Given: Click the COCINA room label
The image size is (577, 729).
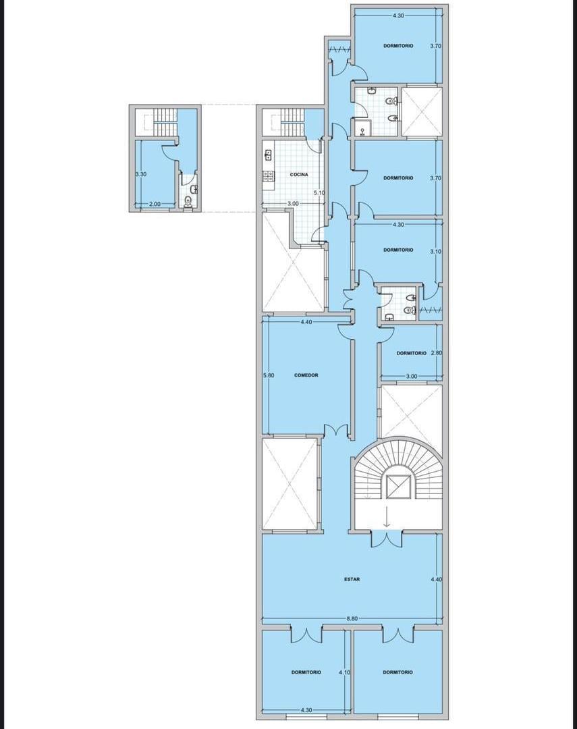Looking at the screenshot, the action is [299, 175].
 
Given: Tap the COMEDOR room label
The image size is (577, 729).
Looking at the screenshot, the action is [306, 375].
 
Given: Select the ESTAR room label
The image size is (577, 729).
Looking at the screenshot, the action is [352, 579].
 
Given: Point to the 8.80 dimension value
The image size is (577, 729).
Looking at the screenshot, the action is [353, 619].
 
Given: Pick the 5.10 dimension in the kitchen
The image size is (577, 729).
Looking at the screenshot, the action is [319, 192].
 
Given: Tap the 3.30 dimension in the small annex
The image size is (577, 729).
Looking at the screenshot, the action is [141, 174].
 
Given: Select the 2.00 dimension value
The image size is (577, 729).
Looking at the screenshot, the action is [155, 204].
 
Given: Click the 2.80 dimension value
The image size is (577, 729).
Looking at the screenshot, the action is [437, 353].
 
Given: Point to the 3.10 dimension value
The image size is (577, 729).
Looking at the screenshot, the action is [436, 252].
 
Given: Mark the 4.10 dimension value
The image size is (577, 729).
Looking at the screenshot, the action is [345, 672].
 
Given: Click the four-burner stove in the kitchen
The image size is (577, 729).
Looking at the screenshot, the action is [269, 175].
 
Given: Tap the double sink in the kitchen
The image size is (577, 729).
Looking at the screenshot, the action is [268, 155].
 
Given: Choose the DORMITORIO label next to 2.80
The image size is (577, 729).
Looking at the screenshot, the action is [411, 353].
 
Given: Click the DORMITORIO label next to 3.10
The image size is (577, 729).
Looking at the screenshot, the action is [398, 250].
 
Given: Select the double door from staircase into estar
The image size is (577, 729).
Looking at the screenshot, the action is [387, 539].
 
